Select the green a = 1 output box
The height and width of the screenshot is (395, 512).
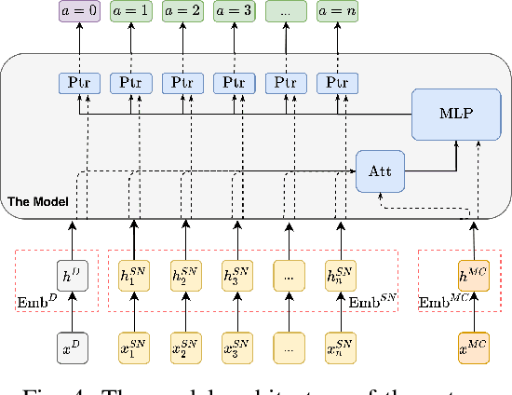[x=133, y=13]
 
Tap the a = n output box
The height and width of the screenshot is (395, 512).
[x=337, y=13]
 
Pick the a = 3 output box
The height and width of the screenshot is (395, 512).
[x=235, y=13]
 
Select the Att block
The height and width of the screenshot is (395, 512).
[x=378, y=171]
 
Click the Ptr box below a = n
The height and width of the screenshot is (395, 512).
[x=337, y=84]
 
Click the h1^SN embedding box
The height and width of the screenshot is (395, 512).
[x=133, y=276]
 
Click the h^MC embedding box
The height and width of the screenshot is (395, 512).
[x=473, y=276]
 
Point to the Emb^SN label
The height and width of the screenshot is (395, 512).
[x=371, y=301]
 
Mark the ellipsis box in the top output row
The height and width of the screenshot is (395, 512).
[x=286, y=13]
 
